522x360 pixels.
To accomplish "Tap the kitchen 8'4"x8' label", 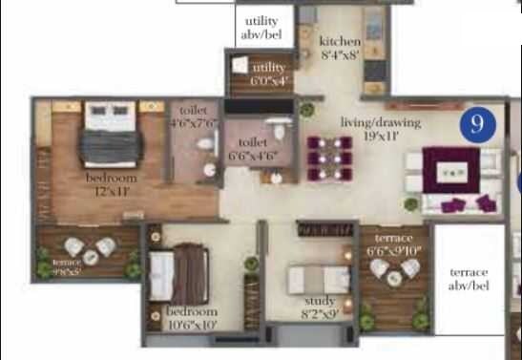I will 341,48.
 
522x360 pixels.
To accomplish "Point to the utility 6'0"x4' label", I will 268,74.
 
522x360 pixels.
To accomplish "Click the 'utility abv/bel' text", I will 261,28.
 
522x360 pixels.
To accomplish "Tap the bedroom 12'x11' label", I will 112,183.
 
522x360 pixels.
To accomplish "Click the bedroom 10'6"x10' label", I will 192,318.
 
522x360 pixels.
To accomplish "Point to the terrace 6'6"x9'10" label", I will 393,244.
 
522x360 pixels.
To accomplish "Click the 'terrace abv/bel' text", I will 469,279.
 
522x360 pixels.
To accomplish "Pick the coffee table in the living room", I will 451,174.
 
